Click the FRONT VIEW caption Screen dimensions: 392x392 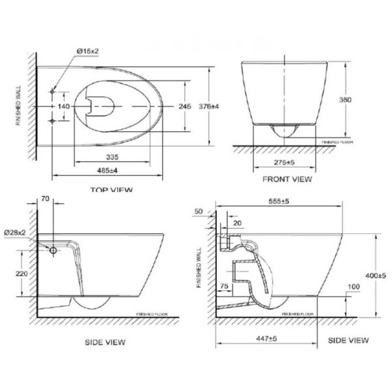click(287, 178)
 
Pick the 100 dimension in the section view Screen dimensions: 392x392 click(353, 287)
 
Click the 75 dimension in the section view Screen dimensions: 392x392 click(225, 286)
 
